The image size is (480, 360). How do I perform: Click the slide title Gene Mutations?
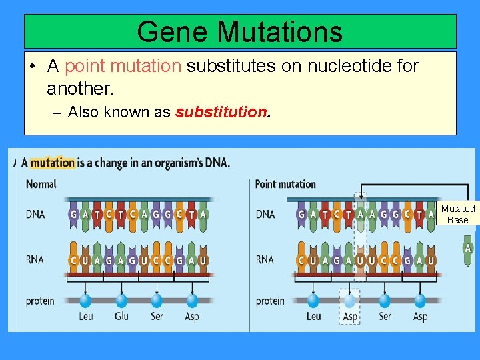(239, 31)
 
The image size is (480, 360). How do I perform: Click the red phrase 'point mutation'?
(123, 66)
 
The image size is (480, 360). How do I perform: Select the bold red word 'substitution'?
(221, 112)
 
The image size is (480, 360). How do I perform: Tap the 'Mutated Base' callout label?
(458, 215)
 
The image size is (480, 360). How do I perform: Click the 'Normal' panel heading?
(41, 184)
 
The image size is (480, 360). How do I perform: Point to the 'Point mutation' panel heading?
(285, 184)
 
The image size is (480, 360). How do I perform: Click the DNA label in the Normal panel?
(35, 215)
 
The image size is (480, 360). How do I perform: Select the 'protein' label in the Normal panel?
(40, 301)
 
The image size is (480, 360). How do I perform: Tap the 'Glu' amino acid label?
(121, 316)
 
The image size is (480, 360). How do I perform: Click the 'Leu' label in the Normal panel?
(86, 316)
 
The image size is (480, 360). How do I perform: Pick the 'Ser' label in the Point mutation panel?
(385, 316)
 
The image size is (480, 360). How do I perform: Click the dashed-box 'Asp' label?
(349, 316)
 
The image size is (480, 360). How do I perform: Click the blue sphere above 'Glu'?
(121, 301)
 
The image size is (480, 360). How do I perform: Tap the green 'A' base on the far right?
(468, 249)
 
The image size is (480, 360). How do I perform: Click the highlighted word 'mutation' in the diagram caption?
(53, 163)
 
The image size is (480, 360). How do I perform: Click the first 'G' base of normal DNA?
(73, 215)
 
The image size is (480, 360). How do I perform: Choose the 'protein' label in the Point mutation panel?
(270, 301)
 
